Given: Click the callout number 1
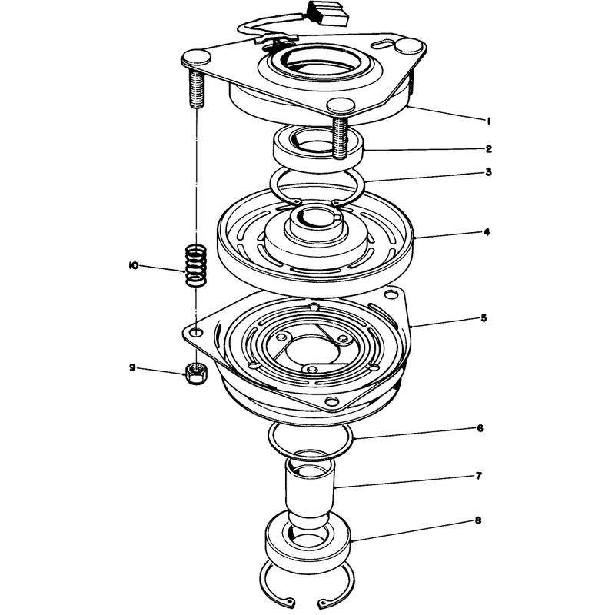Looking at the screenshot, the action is pos(488,121).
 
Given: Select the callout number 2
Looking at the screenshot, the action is pos(488,148).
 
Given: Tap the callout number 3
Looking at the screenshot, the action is pos(488,172).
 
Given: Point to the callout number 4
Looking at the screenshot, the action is pos(487,232).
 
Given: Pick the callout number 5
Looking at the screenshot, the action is pos(484,317).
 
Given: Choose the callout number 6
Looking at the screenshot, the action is pos(480,428).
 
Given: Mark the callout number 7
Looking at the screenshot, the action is pos(478,476).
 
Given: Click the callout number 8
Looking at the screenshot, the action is pos(477,521).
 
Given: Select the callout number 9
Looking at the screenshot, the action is pos(132,367).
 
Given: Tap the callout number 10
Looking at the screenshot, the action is pos(133,266).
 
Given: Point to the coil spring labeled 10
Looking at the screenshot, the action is pos(196,265).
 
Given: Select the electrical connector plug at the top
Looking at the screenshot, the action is pos(327,15).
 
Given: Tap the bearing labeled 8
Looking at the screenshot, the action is pos(308,542).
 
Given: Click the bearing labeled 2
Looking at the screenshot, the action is pos(318,147).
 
